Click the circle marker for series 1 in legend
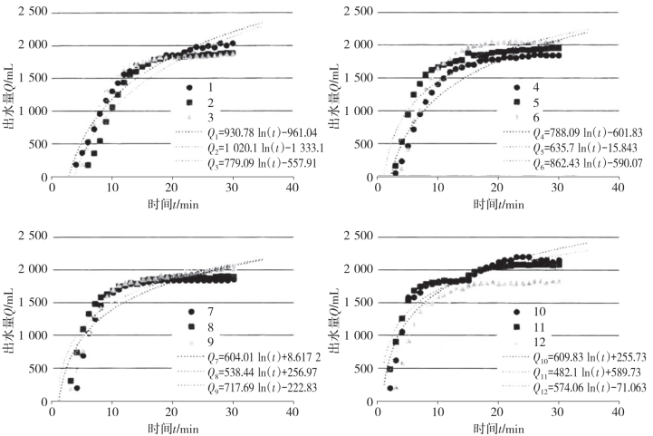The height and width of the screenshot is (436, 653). (x=189, y=87)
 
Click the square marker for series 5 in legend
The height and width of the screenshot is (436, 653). (x=514, y=102)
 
